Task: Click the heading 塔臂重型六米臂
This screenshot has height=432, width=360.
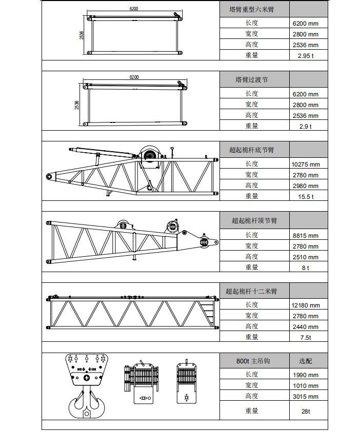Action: pos(251,10)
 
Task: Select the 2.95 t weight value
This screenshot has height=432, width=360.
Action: pos(306,56)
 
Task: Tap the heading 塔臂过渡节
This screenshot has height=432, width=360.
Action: pos(251,80)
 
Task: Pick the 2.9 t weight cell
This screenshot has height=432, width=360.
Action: pos(306,127)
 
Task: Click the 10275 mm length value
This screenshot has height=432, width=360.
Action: pos(306,164)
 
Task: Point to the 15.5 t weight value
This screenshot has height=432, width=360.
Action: pos(306,197)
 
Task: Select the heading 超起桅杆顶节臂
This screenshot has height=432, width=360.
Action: pos(254,221)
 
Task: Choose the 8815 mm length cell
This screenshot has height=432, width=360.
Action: pos(306,236)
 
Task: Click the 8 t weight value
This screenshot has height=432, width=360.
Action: pos(306,268)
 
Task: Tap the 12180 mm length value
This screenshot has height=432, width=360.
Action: pos(306,305)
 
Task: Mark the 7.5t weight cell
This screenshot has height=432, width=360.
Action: pos(306,338)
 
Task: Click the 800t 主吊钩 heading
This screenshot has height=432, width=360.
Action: pos(253,361)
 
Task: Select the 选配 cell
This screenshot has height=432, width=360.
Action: pos(306,361)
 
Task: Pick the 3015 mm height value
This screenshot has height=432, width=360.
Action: pos(306,397)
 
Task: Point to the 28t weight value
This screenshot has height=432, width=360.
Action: pos(306,412)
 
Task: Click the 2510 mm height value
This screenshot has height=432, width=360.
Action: pos(306,257)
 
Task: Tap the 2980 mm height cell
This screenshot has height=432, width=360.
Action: pos(306,186)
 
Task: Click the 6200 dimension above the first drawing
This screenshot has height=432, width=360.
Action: pos(134,9)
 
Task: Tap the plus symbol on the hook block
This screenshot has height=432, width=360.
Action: pos(87,378)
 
